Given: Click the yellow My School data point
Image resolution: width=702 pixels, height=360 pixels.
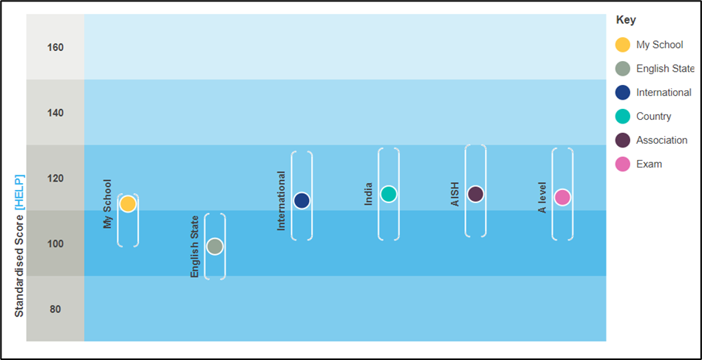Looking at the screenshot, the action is click(x=127, y=204).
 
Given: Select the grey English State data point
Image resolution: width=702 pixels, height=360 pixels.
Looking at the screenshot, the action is click(x=215, y=246).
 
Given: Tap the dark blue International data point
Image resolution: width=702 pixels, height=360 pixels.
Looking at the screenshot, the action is click(x=302, y=200).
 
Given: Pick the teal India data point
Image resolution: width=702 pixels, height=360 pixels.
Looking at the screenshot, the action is click(x=388, y=194).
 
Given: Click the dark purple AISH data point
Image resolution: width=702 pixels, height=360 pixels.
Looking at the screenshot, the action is click(x=476, y=194).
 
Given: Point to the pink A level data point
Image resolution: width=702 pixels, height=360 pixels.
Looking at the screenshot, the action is click(x=562, y=197).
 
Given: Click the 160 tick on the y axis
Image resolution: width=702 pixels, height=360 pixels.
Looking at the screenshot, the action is click(x=56, y=47).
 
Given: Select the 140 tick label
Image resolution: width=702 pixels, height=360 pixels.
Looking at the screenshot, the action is click(x=56, y=113).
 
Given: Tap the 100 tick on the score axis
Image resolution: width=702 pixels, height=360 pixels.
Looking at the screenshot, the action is click(x=56, y=244).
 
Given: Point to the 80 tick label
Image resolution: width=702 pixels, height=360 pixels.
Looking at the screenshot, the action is click(x=56, y=310).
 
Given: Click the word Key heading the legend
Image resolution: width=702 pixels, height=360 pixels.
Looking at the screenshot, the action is click(x=626, y=20).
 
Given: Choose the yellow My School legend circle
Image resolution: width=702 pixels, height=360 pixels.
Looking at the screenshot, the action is click(x=622, y=45).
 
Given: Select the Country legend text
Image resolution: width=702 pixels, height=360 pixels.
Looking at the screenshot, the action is click(x=653, y=117).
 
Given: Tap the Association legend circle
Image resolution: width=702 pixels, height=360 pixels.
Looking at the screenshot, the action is click(x=622, y=140).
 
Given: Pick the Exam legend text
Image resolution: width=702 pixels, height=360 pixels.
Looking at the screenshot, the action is click(x=649, y=165).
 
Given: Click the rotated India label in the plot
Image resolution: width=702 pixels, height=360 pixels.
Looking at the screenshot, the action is click(x=368, y=193).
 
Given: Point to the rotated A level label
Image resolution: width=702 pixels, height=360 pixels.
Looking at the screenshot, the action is click(x=543, y=198).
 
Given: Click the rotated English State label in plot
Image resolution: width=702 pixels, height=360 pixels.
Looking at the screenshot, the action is click(x=195, y=246).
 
